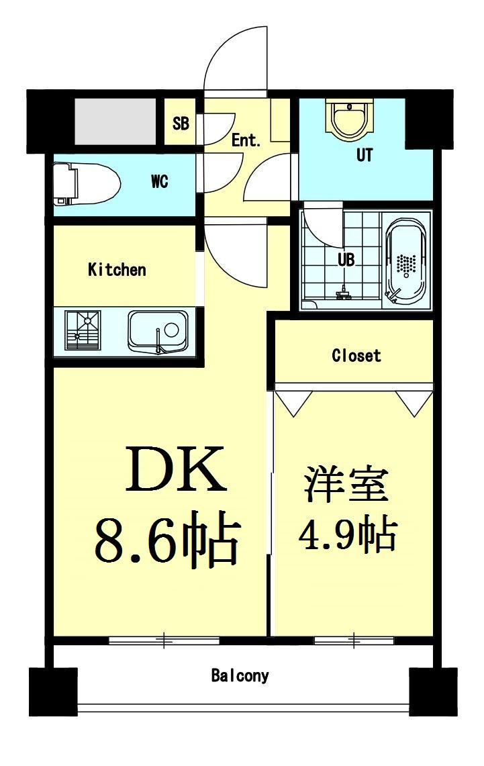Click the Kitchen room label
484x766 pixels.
117,270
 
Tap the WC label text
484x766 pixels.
159,181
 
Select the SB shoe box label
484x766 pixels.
180,124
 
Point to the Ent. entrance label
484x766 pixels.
246,140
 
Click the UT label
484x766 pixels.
364,156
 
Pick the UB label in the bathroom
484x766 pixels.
346,259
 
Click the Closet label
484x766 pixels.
356,355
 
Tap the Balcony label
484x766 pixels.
240,675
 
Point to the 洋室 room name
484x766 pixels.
346,485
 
